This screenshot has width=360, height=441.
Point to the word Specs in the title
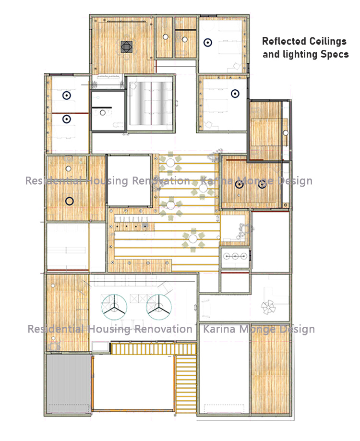click(x=336, y=54)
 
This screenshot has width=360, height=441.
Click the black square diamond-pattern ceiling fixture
click(x=127, y=47)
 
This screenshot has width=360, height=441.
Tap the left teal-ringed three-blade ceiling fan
click(x=114, y=307)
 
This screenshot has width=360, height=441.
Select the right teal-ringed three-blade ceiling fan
click(x=159, y=307)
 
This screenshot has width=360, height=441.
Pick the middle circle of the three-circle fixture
click(x=235, y=256)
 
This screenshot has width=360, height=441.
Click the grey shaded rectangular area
click(x=69, y=383)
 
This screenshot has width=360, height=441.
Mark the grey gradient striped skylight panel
click(x=151, y=103)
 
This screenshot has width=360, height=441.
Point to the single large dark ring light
click(x=70, y=201)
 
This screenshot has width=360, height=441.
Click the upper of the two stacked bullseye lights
click(x=67, y=95)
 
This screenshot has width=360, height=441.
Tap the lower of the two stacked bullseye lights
click(x=67, y=119)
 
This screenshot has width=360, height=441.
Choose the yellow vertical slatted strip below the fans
click(x=154, y=349)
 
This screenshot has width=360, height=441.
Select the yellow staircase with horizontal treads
click(x=186, y=384)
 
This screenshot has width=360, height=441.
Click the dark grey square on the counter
click(x=145, y=226)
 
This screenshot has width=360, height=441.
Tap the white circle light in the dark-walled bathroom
click(x=103, y=113)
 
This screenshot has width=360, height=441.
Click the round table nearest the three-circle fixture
click(x=193, y=239)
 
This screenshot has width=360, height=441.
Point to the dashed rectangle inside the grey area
click(x=69, y=408)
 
